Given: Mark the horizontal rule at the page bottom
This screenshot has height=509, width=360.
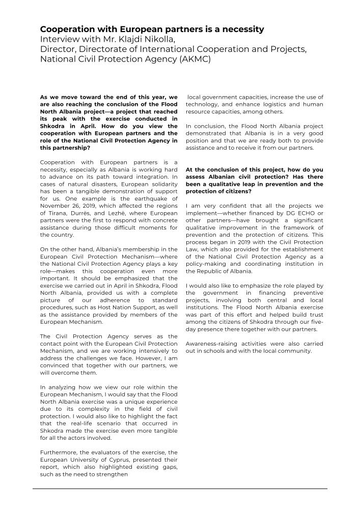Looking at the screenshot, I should click(180, 489).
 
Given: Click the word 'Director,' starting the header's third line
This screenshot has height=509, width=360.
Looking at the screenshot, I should click(57, 49).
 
